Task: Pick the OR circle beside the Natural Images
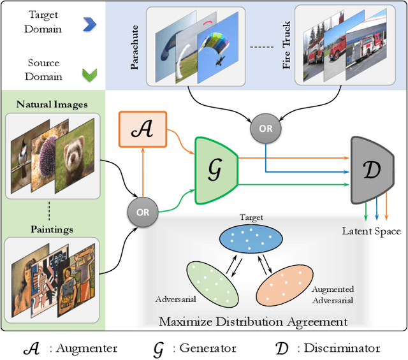[143, 211]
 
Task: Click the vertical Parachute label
[135, 46]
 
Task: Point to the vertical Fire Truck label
[287, 46]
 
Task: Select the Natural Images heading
[52, 104]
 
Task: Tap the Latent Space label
[371, 231]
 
